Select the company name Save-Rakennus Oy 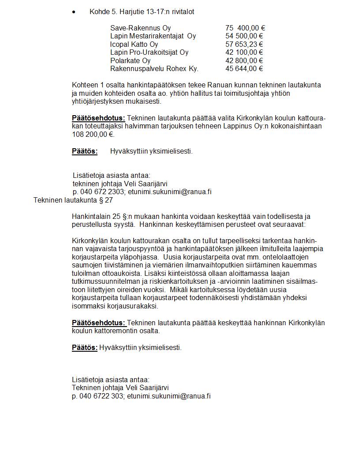(x=140, y=28)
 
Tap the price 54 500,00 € (x=244, y=36)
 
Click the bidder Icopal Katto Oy (x=134, y=44)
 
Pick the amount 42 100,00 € (x=244, y=52)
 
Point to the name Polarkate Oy (x=130, y=60)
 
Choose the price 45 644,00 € (x=244, y=68)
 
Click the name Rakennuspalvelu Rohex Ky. (x=154, y=68)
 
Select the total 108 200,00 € (x=92, y=134)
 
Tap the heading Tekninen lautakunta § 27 (x=73, y=200)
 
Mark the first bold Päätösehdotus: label (x=98, y=118)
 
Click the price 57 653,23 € (x=244, y=44)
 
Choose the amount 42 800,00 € (x=244, y=60)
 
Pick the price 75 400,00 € (x=245, y=28)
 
